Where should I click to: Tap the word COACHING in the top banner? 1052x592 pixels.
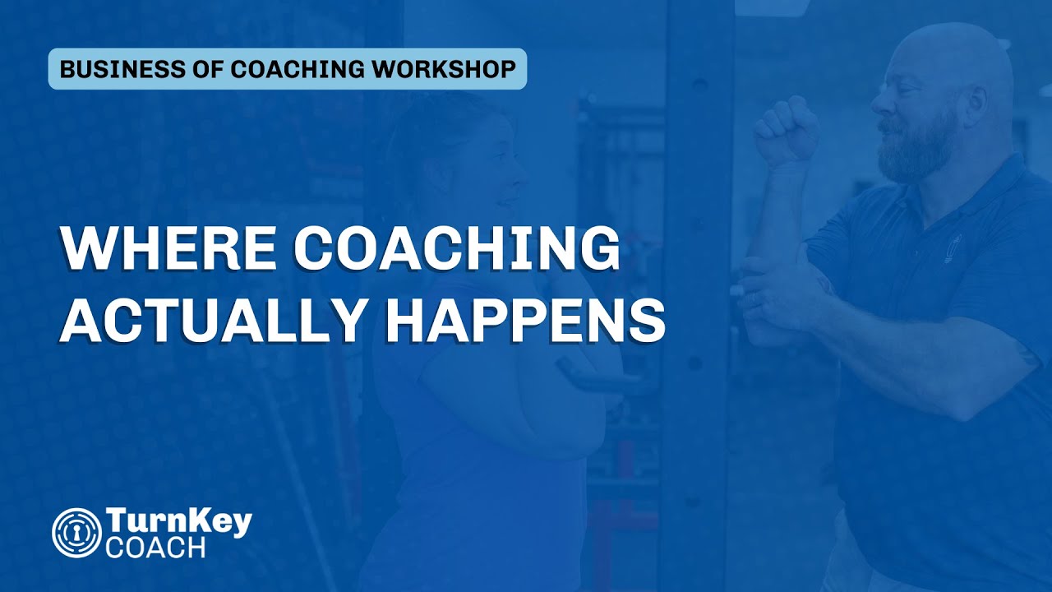point(301,69)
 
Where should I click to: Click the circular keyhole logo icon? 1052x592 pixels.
point(76,531)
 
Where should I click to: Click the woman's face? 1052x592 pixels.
point(501,173)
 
